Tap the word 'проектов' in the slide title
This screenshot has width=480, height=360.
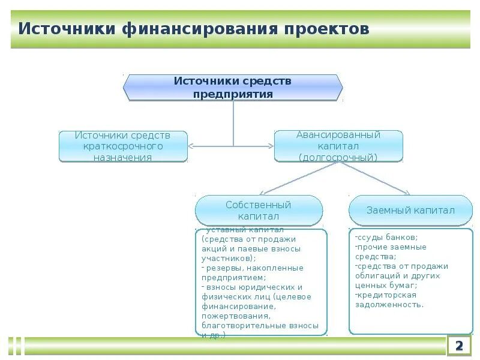pos(327,29)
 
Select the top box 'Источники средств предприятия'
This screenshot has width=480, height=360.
pos(233,87)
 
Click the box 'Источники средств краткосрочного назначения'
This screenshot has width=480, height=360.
pos(123,146)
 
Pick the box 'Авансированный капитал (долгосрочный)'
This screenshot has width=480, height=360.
pos(338,146)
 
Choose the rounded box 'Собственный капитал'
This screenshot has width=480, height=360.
pos(259,210)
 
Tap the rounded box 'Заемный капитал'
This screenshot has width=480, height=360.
pos(410,210)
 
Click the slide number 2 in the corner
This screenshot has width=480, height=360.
pos(460,346)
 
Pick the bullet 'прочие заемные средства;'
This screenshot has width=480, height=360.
pos(390,251)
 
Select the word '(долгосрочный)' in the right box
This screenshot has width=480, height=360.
pos(338,157)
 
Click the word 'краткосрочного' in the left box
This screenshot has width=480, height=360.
pos(123,146)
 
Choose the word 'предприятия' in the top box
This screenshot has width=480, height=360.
pos(233,94)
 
